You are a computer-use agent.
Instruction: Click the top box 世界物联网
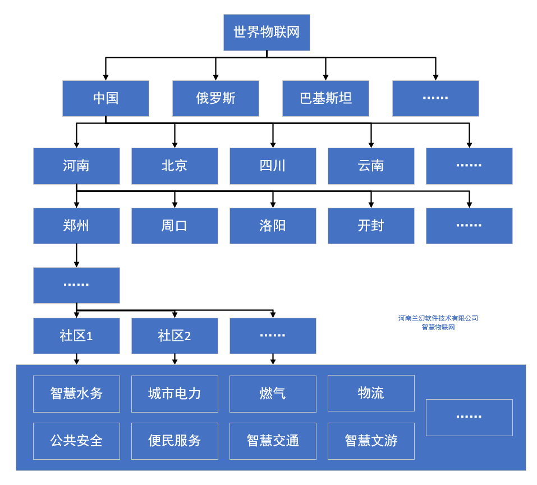point(267,33)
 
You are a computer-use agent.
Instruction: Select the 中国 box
point(105,98)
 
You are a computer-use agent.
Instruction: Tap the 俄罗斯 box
point(215,98)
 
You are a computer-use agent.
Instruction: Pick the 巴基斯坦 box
point(325,98)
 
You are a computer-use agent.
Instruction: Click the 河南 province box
point(76,166)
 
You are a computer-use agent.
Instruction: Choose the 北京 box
point(175,166)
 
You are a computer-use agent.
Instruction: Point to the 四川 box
point(273,166)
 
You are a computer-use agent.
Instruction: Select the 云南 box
point(371,166)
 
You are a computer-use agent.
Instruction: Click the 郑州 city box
point(76,226)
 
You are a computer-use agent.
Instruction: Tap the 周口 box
point(175,226)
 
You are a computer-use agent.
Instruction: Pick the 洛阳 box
point(273,226)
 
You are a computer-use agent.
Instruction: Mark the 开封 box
point(371,226)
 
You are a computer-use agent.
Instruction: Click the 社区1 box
point(76,336)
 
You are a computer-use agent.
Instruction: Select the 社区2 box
point(175,336)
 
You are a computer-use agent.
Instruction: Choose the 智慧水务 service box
point(76,394)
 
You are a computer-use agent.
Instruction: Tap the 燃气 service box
point(273,394)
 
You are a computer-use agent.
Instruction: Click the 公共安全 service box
point(76,441)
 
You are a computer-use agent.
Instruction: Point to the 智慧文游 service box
point(371,441)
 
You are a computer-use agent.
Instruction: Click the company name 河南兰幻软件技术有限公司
point(438,318)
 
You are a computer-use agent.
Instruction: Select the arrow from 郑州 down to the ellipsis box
point(76,255)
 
